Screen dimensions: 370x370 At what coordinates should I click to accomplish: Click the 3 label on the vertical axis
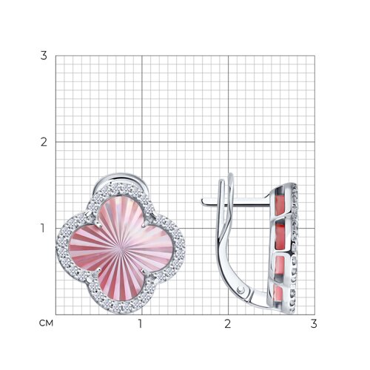[x=44, y=55]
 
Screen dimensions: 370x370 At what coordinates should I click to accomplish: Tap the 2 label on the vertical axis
[x=44, y=142]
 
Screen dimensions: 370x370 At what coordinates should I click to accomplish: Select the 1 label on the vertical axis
[x=43, y=229]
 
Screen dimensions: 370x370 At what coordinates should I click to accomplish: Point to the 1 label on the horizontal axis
[x=141, y=324]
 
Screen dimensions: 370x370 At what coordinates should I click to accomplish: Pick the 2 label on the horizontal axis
[x=228, y=324]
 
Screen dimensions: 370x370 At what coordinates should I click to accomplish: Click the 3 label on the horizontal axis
[x=314, y=324]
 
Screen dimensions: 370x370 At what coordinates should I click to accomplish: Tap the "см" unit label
[x=46, y=323]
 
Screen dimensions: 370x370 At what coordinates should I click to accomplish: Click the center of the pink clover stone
[x=121, y=247]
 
